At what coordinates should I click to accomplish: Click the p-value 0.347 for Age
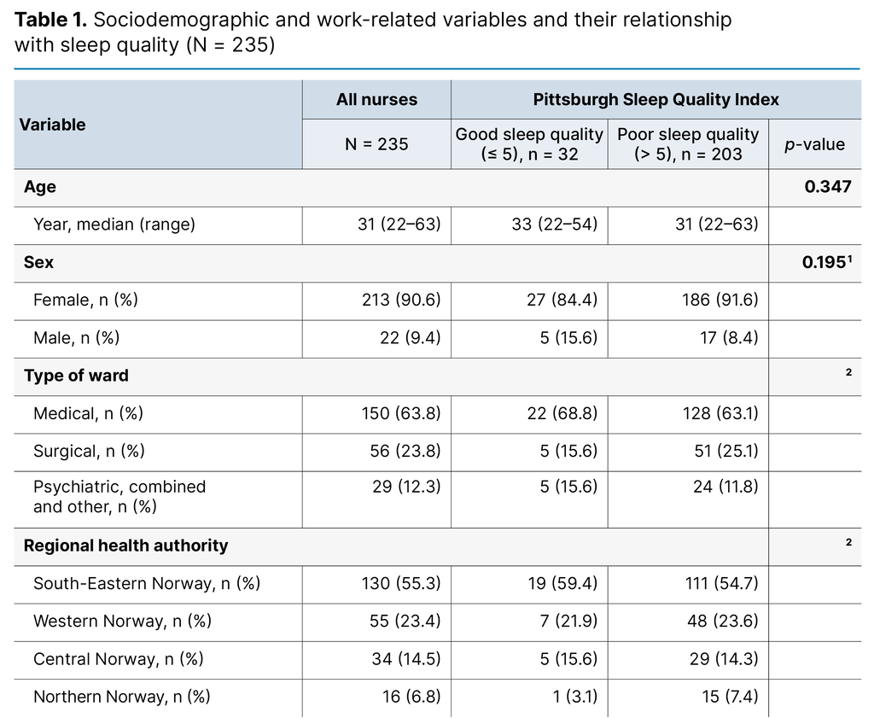pos(827,187)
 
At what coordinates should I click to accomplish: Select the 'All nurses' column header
pos(376,100)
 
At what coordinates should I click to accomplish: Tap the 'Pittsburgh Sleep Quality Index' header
pos(655,100)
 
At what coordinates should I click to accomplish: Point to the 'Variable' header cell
pos(53,125)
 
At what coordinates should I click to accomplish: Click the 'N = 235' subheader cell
pos(376,144)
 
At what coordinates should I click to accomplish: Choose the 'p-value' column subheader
pos(814,144)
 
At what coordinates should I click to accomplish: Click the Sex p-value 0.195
pos(824,263)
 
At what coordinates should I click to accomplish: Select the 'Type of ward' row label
pos(76,376)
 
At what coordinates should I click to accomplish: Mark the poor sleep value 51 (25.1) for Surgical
pos(725,452)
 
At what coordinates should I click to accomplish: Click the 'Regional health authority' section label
pos(125,546)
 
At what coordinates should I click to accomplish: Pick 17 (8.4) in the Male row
pos(727,338)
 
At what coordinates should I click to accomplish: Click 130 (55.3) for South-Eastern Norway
pos(399,584)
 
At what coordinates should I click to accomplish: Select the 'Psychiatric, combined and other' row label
pos(119,497)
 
